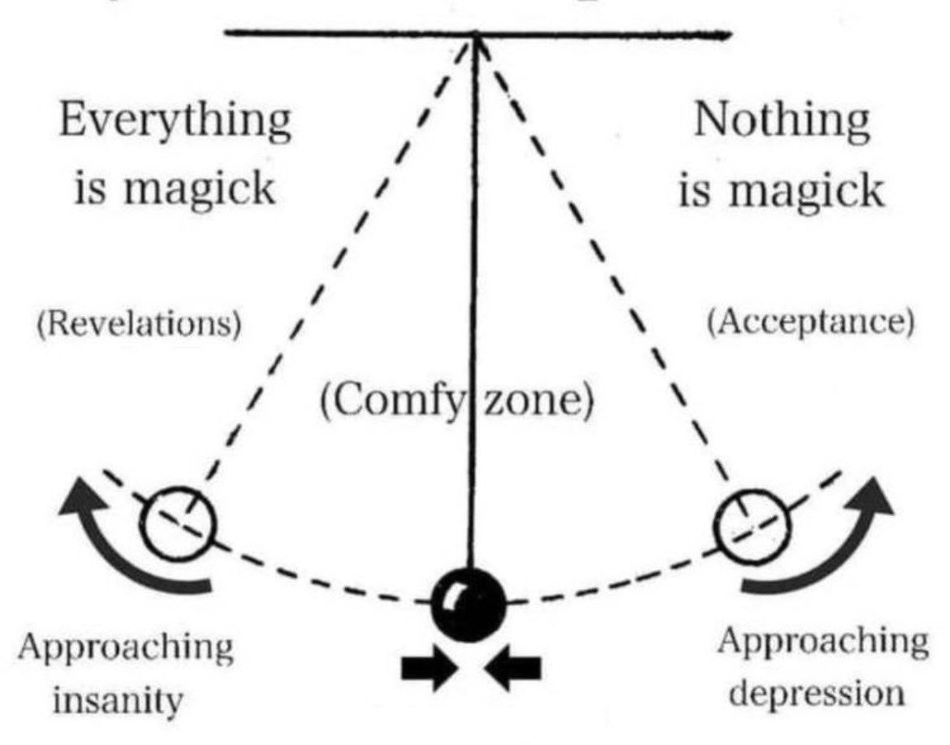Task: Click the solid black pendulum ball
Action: coord(469,602)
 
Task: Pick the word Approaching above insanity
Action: coord(126,649)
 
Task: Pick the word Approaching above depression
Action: coord(823,643)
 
